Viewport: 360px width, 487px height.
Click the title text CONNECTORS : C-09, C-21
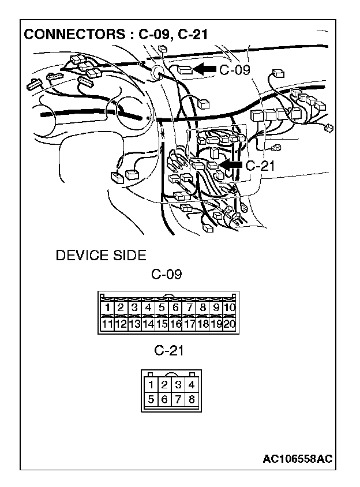coord(115,35)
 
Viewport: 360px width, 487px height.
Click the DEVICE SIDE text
coord(101,255)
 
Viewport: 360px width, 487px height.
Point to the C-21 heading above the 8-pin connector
coord(169,350)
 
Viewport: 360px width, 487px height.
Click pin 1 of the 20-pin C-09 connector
coord(107,308)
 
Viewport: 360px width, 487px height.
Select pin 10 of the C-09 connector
coord(228,308)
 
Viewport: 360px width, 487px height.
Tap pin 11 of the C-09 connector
coord(107,324)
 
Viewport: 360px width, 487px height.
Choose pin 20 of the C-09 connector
coord(228,324)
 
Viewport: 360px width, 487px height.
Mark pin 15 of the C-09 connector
coord(162,324)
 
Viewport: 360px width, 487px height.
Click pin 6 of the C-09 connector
coord(175,308)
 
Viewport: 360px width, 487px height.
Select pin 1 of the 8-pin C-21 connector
coord(151,384)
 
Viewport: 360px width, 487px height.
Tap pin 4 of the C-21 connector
coord(192,384)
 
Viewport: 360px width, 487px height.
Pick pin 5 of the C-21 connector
coord(151,399)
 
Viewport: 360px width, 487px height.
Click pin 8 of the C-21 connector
coord(192,399)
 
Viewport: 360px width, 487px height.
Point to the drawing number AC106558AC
coord(297,459)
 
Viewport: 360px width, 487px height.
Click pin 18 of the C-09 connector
coord(202,324)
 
